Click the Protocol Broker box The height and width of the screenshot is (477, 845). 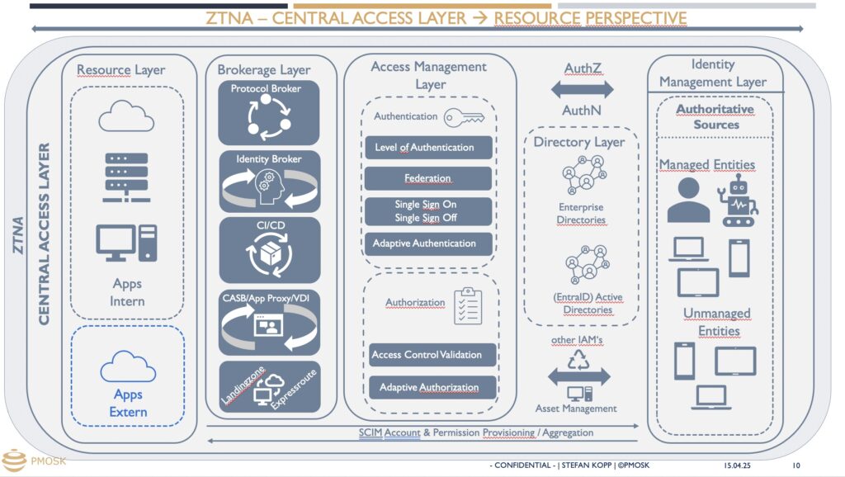[268, 112]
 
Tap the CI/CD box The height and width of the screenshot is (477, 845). [270, 250]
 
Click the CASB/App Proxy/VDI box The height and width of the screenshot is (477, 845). [270, 323]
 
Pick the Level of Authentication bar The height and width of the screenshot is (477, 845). [428, 147]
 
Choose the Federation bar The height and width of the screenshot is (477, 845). [428, 178]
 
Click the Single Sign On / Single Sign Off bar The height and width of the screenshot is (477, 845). [428, 211]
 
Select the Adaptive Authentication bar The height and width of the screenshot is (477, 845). [428, 243]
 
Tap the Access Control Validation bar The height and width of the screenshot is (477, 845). [432, 355]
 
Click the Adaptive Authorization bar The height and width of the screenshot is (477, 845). [432, 388]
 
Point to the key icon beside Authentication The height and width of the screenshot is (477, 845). [464, 117]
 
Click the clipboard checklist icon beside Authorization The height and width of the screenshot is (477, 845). [468, 305]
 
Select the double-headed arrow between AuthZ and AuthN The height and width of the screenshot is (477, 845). [582, 89]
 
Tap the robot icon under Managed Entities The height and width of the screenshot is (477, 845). [738, 200]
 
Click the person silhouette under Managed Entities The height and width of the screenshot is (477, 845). [688, 200]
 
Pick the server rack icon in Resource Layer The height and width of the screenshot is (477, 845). [126, 177]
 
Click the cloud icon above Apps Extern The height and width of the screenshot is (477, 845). [128, 366]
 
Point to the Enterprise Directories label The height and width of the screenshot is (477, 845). [581, 214]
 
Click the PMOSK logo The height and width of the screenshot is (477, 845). [33, 460]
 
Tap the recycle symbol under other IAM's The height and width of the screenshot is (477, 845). [578, 360]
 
